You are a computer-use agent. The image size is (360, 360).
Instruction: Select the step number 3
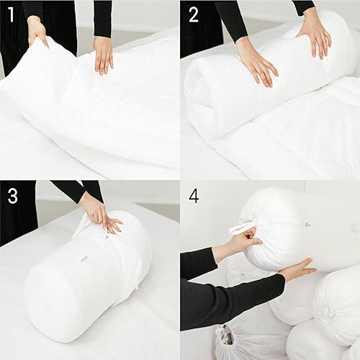tap(12, 197)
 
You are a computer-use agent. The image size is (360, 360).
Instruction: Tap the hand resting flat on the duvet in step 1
tap(104, 54)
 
